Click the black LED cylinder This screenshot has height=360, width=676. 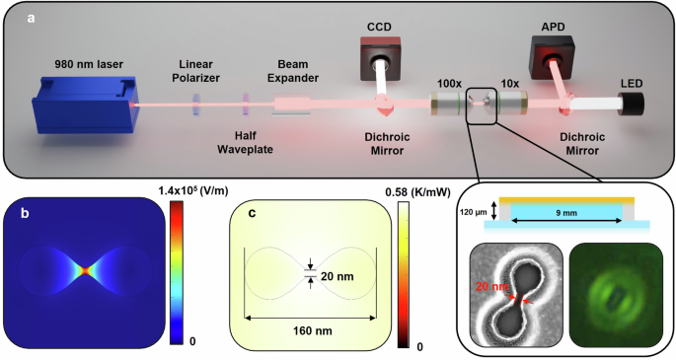pos(631,102)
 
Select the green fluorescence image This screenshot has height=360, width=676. pos(614,295)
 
